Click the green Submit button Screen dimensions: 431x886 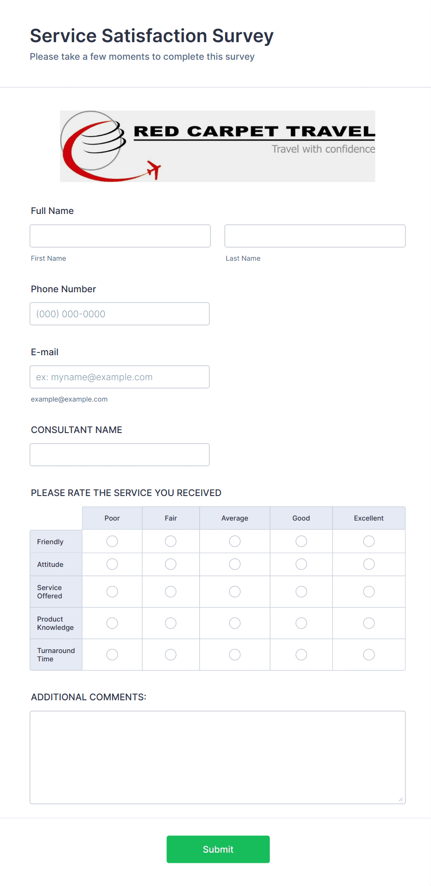[218, 849]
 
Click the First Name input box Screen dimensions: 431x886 [120, 236]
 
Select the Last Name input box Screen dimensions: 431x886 [315, 236]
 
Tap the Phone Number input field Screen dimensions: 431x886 [120, 314]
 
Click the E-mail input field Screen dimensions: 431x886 [120, 377]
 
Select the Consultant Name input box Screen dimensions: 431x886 [120, 455]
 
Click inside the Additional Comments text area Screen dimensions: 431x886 [217, 757]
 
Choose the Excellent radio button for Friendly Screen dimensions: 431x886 [369, 541]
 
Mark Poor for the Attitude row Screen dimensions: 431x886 [112, 564]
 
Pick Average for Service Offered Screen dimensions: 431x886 [235, 591]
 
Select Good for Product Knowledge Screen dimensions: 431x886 [301, 623]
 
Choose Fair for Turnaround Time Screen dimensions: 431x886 [171, 654]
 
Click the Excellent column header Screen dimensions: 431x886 [369, 518]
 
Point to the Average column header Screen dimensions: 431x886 [235, 518]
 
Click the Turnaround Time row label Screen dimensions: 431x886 [56, 654]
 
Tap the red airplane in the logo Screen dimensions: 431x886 [153, 170]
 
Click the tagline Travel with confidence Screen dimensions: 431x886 [323, 149]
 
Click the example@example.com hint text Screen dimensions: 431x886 [69, 399]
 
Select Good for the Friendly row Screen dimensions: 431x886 [301, 541]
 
